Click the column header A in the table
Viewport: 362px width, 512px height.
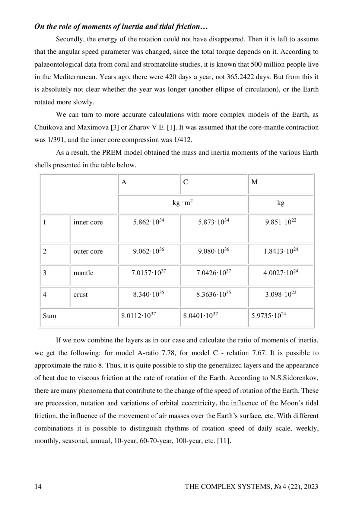[124, 182]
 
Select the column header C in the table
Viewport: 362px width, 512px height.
[186, 182]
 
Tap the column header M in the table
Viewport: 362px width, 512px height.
[254, 182]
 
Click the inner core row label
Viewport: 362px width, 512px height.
[88, 222]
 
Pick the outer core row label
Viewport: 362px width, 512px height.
[88, 251]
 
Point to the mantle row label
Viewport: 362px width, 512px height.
[83, 273]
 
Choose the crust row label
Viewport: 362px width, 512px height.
[81, 294]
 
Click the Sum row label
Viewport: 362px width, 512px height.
[49, 316]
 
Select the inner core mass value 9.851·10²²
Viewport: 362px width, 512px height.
[281, 222]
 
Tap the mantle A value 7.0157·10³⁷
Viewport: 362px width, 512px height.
[148, 273]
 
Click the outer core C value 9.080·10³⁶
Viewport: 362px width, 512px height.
[214, 251]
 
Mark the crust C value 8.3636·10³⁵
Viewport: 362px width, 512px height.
[214, 294]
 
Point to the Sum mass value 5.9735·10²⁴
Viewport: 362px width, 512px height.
[268, 316]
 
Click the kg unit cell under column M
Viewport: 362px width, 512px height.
[281, 203]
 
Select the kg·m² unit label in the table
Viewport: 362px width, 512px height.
[183, 203]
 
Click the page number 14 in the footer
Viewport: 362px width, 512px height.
[38, 486]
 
